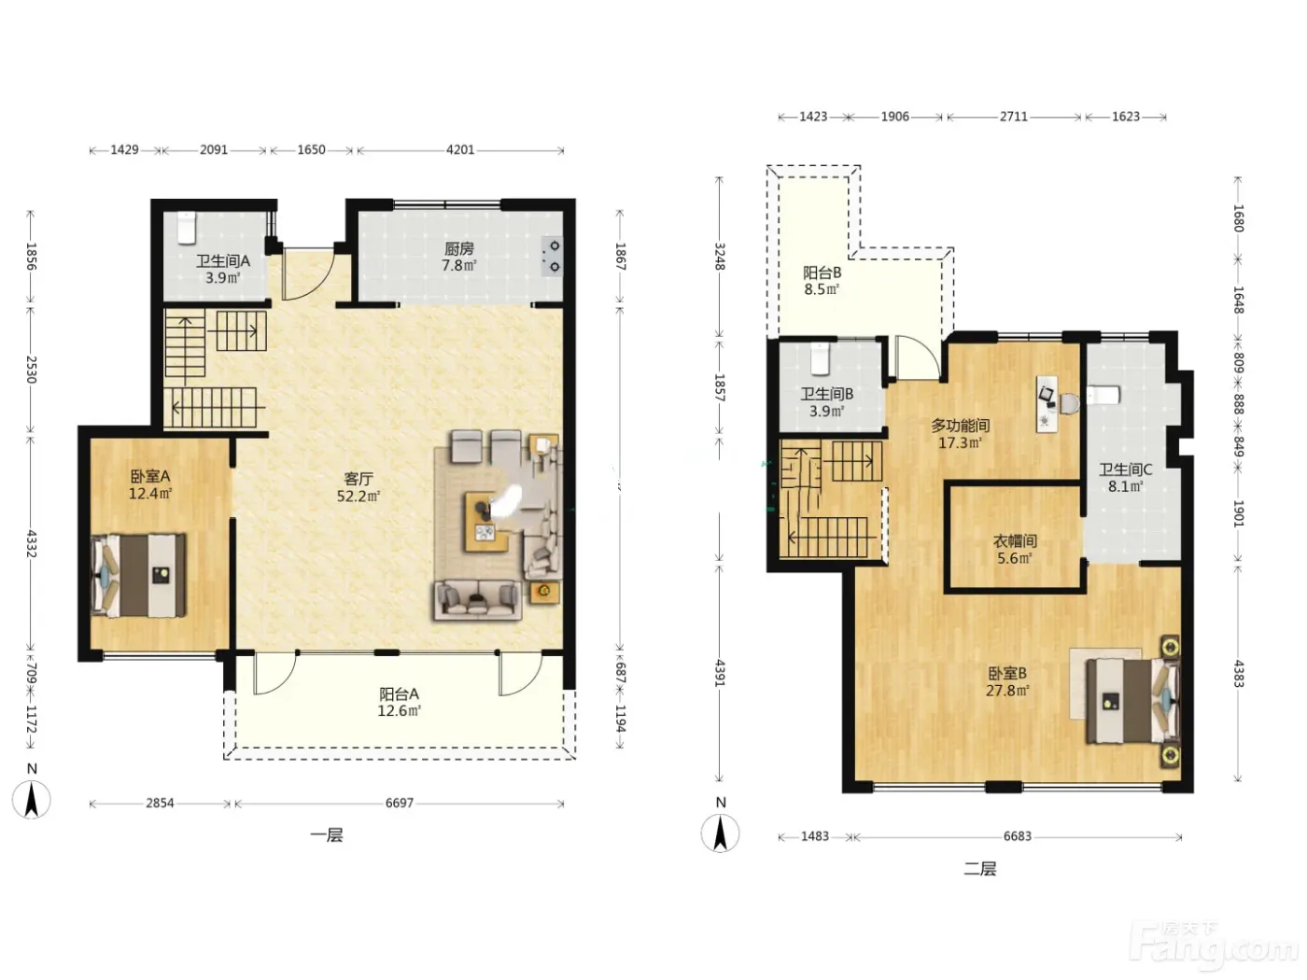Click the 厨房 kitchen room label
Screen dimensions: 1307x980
click(458, 248)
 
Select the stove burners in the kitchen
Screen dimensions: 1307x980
click(552, 257)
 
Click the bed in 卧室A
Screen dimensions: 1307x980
click(138, 575)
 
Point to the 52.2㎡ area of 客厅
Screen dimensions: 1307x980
click(358, 496)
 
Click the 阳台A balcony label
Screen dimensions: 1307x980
click(399, 693)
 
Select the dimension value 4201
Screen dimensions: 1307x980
click(460, 150)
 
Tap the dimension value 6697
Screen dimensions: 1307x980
click(399, 804)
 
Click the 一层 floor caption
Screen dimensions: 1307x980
click(327, 835)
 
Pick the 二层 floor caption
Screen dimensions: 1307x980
click(979, 869)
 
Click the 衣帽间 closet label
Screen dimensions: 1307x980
click(1015, 541)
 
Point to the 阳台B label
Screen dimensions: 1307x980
click(822, 273)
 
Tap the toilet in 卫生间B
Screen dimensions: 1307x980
click(820, 358)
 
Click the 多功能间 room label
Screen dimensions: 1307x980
click(961, 426)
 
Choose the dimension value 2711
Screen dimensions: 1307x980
click(1014, 117)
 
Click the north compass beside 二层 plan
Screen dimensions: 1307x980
click(720, 833)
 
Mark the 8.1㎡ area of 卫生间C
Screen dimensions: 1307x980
click(1125, 486)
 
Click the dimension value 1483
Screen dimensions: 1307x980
click(815, 836)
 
